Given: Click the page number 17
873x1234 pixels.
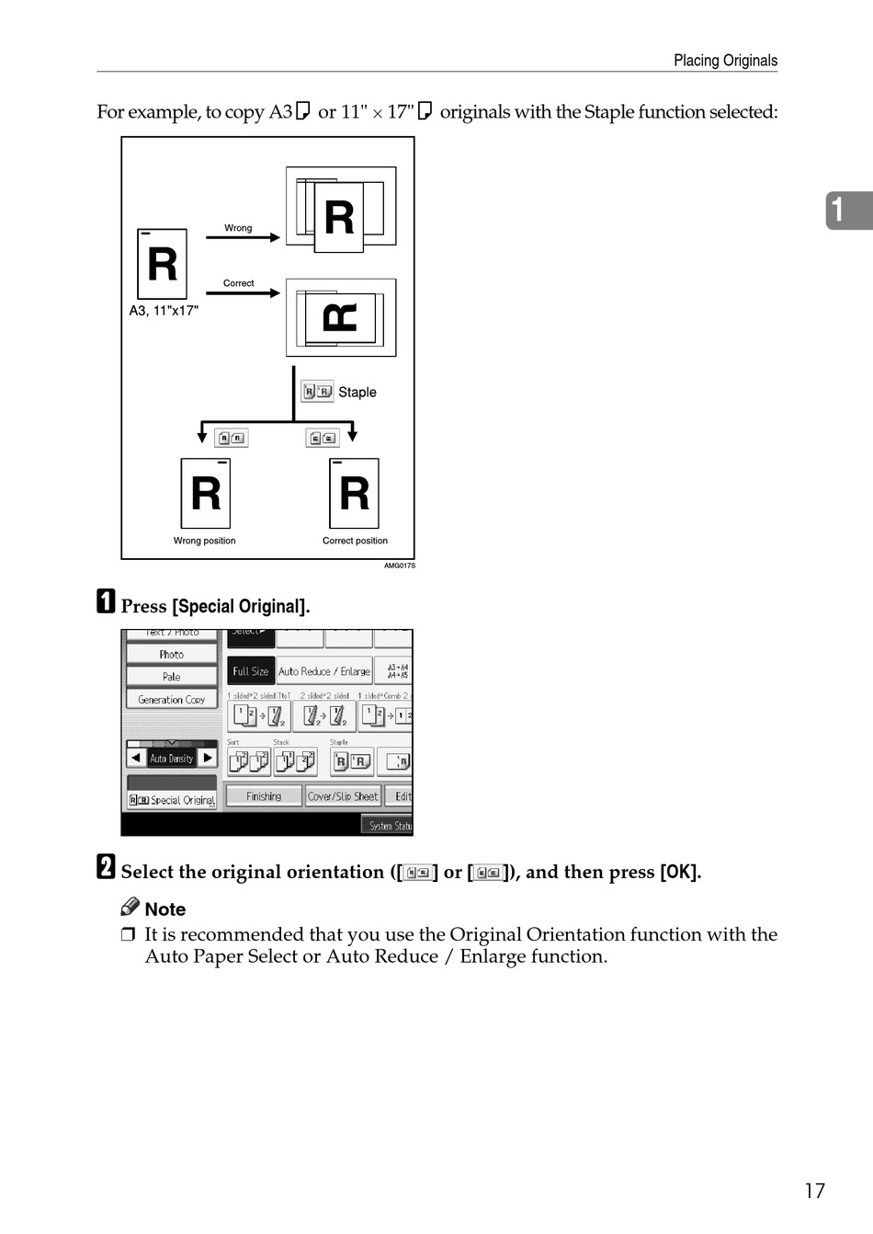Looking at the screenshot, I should [x=814, y=1191].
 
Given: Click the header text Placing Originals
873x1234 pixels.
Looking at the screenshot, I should [x=725, y=61].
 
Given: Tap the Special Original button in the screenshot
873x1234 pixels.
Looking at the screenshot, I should [x=173, y=800].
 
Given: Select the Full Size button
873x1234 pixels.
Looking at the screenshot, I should [x=250, y=671].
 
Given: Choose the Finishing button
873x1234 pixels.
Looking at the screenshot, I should [x=264, y=796].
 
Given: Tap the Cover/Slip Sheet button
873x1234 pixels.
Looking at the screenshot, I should [x=343, y=796].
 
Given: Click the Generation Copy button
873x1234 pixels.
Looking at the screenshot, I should [x=172, y=700].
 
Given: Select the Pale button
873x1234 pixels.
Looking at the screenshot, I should [x=172, y=677].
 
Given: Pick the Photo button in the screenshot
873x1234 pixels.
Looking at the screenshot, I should [x=172, y=655].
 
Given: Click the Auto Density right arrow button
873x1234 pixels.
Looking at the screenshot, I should [x=209, y=758].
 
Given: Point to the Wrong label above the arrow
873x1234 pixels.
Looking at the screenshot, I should [x=238, y=228].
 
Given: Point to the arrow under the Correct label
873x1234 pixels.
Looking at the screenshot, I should [x=243, y=293].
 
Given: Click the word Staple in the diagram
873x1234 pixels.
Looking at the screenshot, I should [x=357, y=393].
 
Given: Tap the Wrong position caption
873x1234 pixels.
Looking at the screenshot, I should [x=204, y=541].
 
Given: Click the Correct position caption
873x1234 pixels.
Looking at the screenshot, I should [x=355, y=541].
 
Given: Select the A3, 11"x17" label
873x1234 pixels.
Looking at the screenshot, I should [x=164, y=311].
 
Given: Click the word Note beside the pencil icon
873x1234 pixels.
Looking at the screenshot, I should [x=165, y=909].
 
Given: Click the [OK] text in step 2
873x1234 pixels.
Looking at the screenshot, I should [x=680, y=872].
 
